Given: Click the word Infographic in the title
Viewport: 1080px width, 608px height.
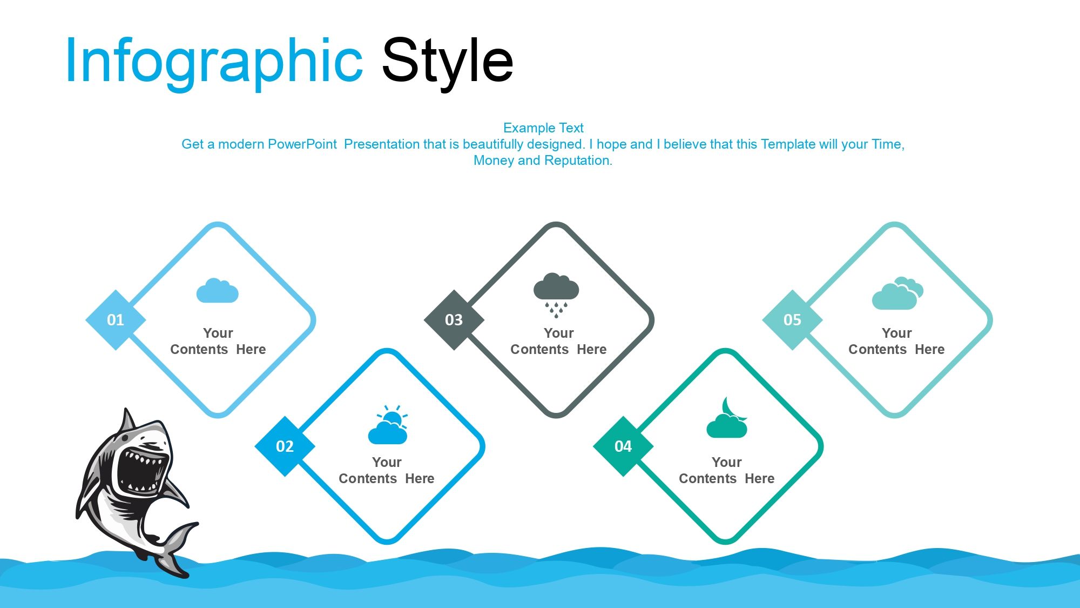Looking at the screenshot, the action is click(x=214, y=61).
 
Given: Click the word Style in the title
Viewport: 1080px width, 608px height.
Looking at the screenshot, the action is click(x=448, y=61).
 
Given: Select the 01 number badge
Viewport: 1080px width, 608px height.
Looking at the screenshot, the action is click(x=116, y=320).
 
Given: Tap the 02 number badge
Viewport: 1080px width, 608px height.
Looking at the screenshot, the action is click(x=285, y=446).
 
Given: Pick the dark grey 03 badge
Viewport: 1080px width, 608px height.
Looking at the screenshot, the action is click(x=454, y=320).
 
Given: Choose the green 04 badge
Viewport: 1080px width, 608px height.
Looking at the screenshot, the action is click(x=623, y=446).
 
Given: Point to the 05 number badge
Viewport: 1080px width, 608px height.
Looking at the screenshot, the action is click(x=792, y=320).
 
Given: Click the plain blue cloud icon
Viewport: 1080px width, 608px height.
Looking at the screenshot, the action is click(x=218, y=291).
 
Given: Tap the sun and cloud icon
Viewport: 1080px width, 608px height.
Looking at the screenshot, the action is click(x=388, y=425).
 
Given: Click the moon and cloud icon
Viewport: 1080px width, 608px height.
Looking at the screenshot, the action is click(x=727, y=418).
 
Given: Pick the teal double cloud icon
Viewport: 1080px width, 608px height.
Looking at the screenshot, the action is click(x=897, y=293).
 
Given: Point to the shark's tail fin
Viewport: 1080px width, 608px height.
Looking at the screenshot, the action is click(x=175, y=549).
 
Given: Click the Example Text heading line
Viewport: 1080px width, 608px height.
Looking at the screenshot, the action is click(x=543, y=128).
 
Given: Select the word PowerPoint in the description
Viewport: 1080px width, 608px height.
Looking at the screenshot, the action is click(x=302, y=144).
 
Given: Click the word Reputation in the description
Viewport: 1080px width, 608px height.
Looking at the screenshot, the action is click(x=578, y=161).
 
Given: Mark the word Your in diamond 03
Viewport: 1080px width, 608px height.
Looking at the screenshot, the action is click(x=558, y=333).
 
